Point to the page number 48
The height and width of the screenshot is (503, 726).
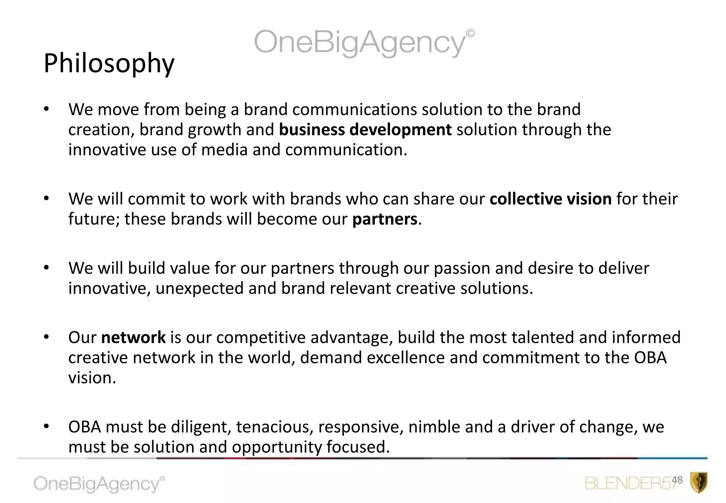click(x=677, y=480)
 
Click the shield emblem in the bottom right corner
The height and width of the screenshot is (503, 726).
click(x=699, y=482)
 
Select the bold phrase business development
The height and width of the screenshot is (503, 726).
click(x=365, y=130)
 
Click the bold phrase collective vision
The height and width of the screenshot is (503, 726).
click(x=551, y=199)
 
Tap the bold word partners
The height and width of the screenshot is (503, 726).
click(x=385, y=219)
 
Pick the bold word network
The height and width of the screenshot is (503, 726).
click(x=133, y=337)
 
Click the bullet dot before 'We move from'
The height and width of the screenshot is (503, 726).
click(x=46, y=109)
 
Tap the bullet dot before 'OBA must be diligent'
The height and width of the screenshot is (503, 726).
click(x=46, y=426)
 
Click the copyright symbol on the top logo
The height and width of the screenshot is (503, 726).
click(x=470, y=33)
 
